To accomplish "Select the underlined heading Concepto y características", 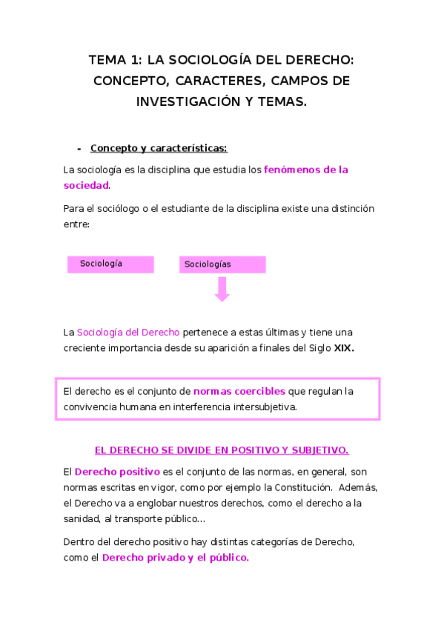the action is [x=153, y=148].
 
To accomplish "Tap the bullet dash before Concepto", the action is [x=79, y=148].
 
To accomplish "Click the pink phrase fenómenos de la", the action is [x=305, y=170].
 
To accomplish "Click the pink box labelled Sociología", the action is [x=110, y=264].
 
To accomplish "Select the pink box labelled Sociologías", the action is [x=222, y=265].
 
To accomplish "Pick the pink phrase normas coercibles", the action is [x=239, y=391].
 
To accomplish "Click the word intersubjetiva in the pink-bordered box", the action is [x=265, y=407].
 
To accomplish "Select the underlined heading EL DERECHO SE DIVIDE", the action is [x=222, y=450].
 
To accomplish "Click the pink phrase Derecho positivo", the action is [x=117, y=472].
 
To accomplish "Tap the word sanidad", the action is [x=82, y=518].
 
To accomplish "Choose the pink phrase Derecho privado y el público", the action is [x=175, y=558].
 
